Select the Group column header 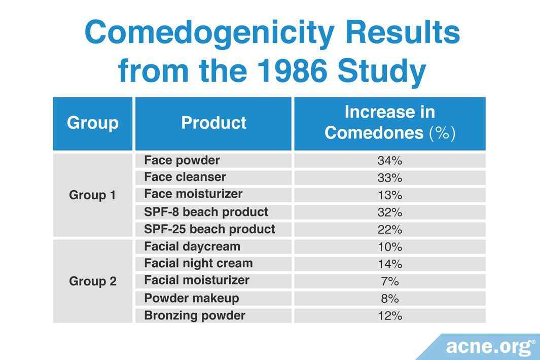[93, 123]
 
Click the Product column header [213, 123]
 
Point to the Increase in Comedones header [389, 123]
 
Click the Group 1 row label [93, 195]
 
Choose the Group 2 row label [93, 281]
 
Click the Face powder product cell [182, 161]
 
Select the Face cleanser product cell [185, 177]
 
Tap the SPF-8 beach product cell [206, 212]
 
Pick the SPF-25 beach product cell [209, 229]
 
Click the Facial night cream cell [198, 264]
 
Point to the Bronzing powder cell [195, 315]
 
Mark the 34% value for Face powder [389, 161]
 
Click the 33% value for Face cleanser [389, 178]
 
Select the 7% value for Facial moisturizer [389, 281]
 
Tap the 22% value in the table [389, 230]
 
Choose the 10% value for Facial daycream [389, 247]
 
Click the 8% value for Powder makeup [389, 299]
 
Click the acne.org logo [490, 347]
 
